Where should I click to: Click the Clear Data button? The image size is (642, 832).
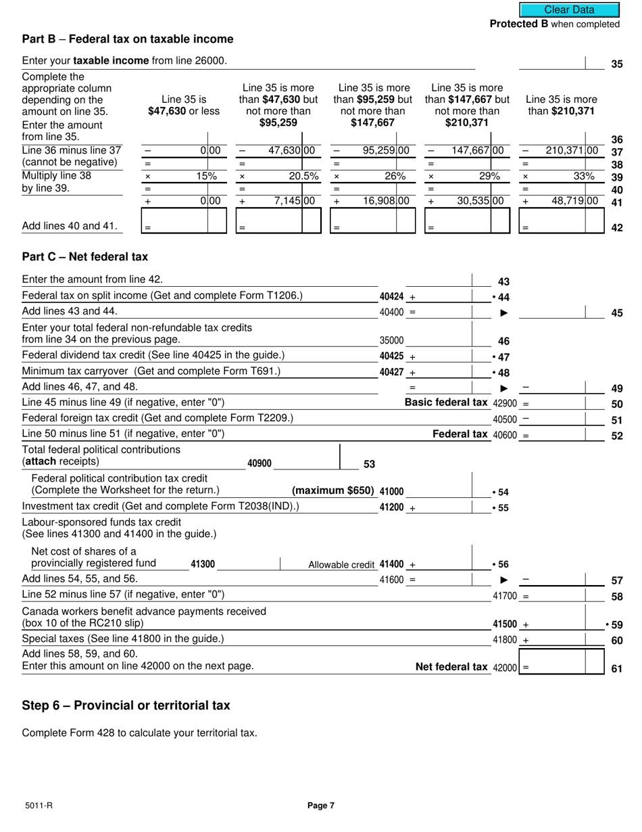[x=569, y=9]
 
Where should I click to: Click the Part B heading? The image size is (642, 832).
[x=128, y=39]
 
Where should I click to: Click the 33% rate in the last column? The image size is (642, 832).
[x=584, y=176]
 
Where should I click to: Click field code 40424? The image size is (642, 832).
[x=392, y=296]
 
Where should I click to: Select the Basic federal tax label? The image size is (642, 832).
[x=446, y=402]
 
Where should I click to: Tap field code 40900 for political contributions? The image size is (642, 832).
[x=260, y=463]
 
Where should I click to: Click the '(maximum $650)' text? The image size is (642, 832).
[x=332, y=491]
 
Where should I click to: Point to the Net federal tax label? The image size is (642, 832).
[x=451, y=667]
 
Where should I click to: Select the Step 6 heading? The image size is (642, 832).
[x=126, y=706]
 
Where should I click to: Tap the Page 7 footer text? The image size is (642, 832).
[x=321, y=806]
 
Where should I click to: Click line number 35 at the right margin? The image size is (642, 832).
[x=616, y=65]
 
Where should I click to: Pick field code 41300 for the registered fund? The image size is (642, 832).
[x=203, y=564]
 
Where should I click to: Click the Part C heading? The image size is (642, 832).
[x=85, y=257]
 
